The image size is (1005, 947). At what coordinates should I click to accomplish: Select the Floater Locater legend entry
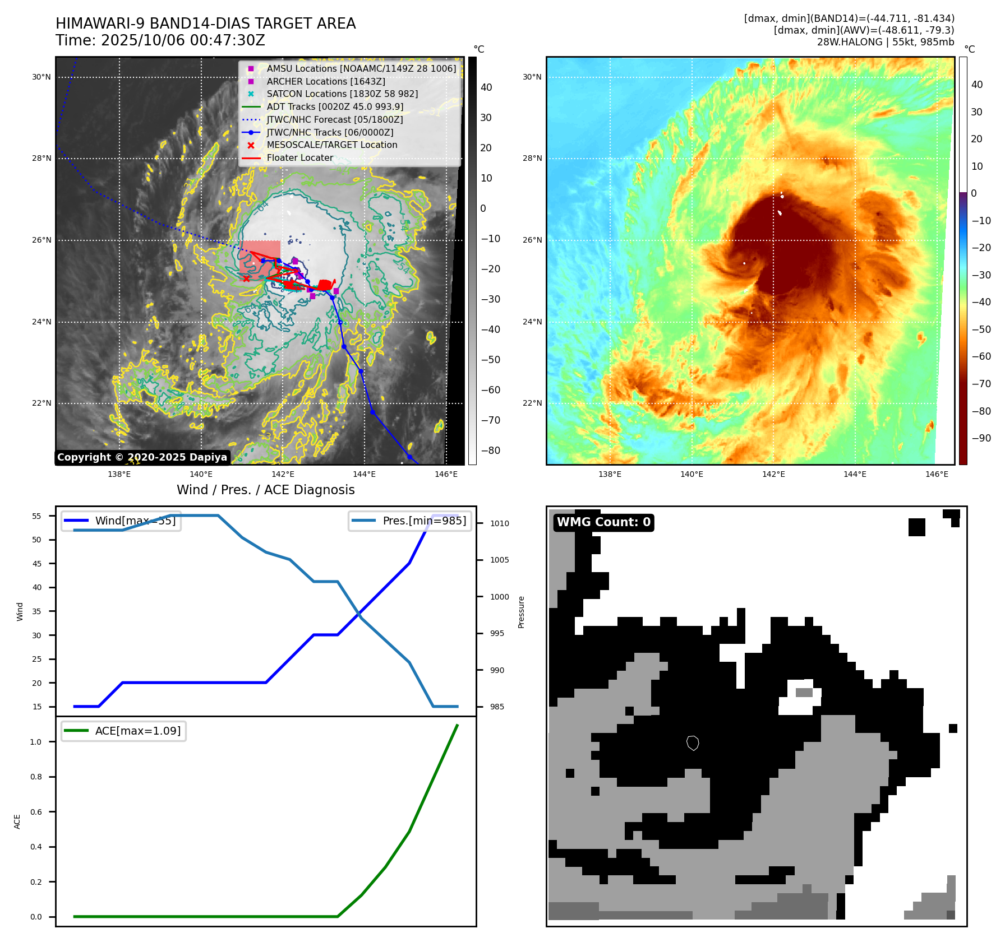click(299, 157)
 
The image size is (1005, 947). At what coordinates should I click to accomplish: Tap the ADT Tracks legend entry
click(335, 106)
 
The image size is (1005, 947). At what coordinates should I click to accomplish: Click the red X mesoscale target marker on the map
click(246, 278)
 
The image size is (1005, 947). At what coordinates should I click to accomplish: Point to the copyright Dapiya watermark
click(142, 457)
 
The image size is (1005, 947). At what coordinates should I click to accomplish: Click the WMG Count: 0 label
click(603, 522)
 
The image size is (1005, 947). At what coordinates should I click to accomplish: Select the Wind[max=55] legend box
click(121, 521)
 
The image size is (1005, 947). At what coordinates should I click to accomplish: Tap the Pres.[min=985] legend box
click(410, 521)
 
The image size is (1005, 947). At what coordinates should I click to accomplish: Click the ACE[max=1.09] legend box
click(124, 731)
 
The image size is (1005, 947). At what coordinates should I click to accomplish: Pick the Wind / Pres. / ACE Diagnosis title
click(266, 490)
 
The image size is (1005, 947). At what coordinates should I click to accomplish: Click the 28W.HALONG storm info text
click(885, 42)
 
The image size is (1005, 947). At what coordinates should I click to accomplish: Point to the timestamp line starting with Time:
click(160, 40)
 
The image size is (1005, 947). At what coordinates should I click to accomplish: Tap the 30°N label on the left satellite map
click(42, 77)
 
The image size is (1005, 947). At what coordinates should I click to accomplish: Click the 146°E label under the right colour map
click(937, 474)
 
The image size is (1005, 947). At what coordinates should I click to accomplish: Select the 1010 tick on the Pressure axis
click(500, 523)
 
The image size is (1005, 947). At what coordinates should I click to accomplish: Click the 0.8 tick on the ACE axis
click(36, 777)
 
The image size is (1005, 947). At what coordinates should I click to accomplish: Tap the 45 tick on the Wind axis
click(37, 564)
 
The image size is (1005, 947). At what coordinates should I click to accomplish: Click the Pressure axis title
click(522, 612)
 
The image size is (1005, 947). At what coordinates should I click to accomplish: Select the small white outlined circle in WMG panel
click(693, 743)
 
